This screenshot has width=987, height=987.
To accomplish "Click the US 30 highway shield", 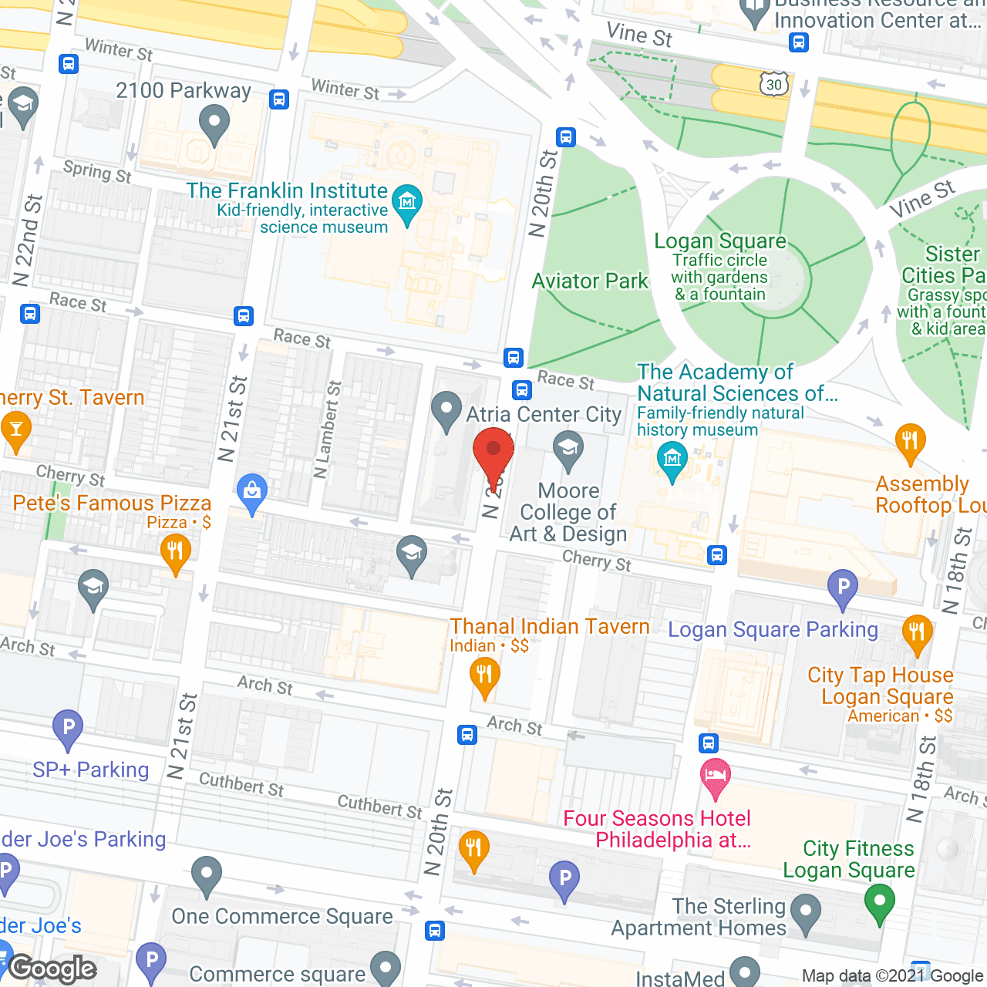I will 774,84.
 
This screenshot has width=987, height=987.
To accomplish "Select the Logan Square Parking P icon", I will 843,588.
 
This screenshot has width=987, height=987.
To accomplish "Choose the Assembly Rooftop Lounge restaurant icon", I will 910,443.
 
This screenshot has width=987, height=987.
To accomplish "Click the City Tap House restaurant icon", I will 916,634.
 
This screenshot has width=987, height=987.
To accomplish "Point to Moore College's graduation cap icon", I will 568,450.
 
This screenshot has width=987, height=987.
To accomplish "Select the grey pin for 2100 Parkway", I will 214,123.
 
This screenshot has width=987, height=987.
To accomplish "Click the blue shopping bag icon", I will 252,492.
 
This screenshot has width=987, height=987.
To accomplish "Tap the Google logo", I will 52,968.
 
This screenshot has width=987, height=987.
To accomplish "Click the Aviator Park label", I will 590,281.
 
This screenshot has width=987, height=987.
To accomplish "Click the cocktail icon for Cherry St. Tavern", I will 16,430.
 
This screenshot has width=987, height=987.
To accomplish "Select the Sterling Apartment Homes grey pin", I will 806,912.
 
